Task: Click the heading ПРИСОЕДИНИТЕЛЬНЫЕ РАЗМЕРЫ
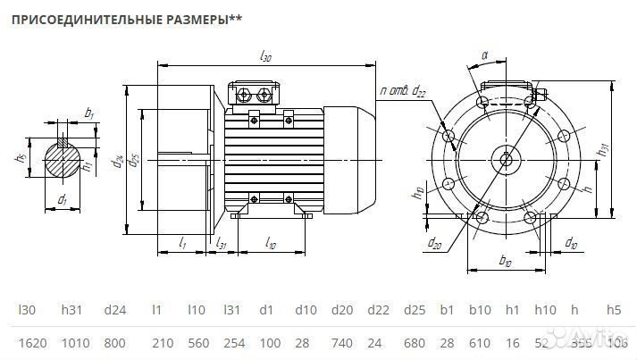click(125, 19)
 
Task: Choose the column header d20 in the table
click(341, 310)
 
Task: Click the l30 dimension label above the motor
click(266, 56)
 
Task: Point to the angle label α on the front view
click(484, 55)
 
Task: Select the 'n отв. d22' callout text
click(404, 90)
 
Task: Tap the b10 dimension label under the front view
click(505, 262)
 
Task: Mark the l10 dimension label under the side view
click(271, 244)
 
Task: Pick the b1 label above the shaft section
click(88, 113)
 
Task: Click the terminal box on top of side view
click(255, 95)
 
